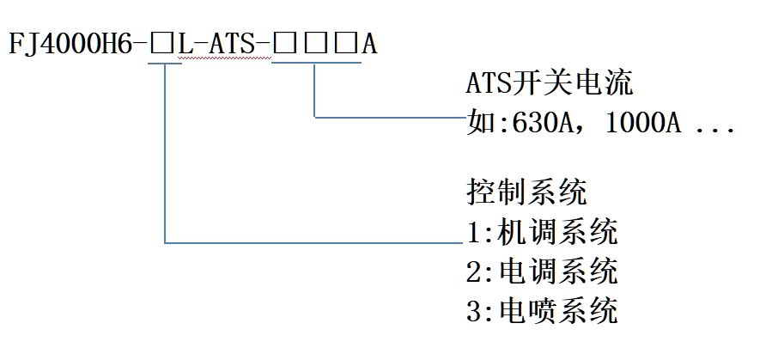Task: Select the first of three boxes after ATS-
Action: point(283,44)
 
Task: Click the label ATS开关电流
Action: point(549,86)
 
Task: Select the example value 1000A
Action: point(643,125)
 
